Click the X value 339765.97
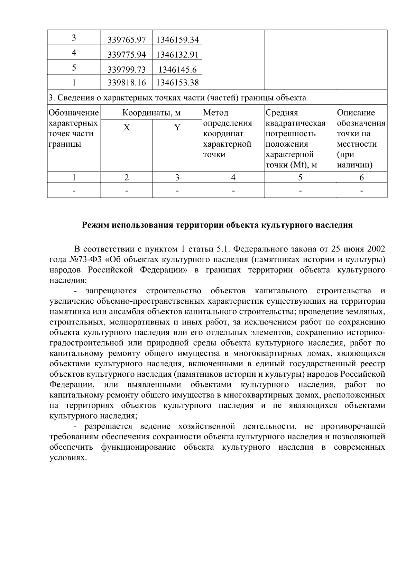point(127,40)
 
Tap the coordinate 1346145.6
point(177,70)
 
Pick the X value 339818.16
point(127,83)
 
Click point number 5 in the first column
point(74,67)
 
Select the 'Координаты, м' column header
point(151,113)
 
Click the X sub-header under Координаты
point(127,128)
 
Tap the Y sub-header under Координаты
point(177,128)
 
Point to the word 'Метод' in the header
point(216,113)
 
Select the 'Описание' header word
point(356,113)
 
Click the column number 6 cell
point(361,178)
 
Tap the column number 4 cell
point(233,178)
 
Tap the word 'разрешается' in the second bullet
point(109,426)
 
